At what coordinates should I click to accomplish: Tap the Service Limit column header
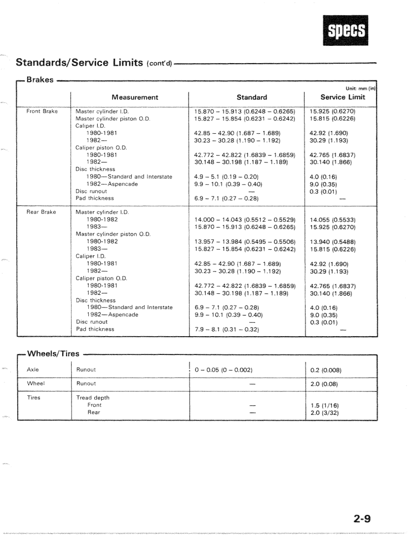343,97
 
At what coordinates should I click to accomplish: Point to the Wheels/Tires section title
53,354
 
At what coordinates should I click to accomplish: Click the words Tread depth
93,398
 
